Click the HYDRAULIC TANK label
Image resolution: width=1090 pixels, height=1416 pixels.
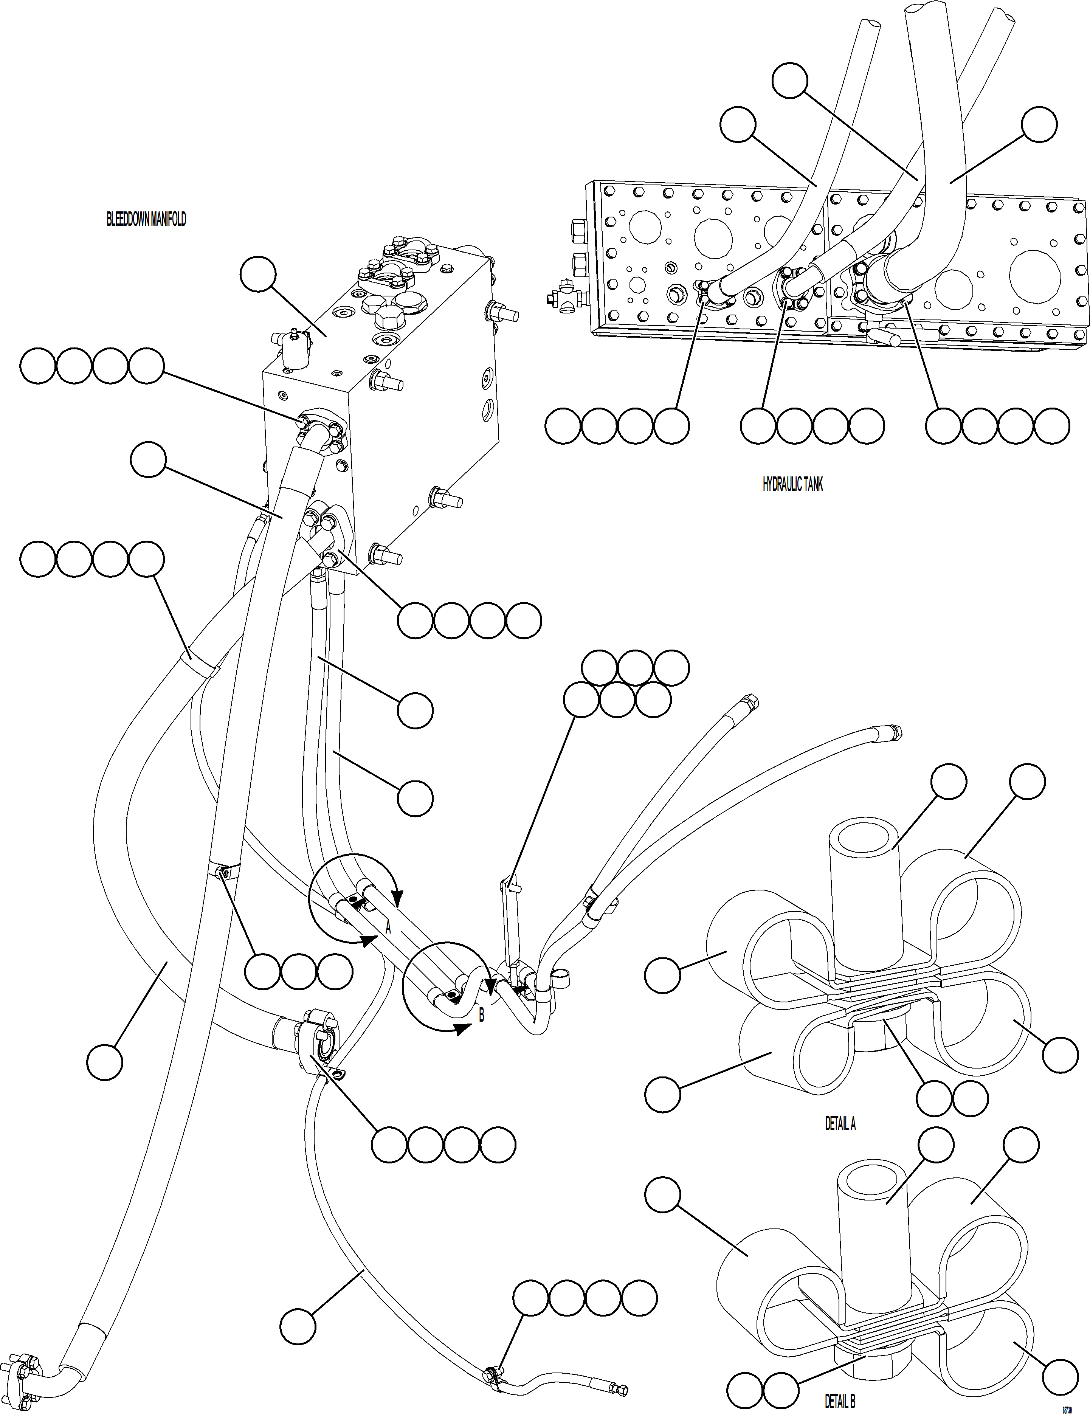tap(792, 484)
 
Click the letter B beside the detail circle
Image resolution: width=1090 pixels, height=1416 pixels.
tap(481, 1016)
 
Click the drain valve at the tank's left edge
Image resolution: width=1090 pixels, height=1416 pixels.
tap(566, 298)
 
